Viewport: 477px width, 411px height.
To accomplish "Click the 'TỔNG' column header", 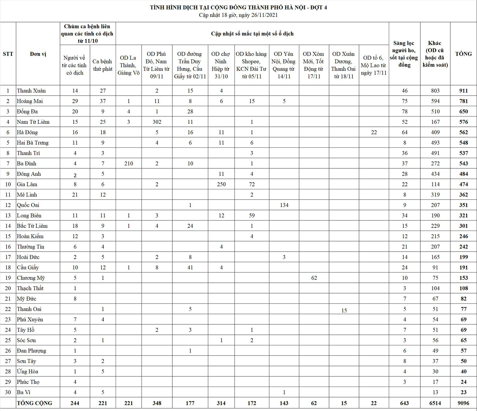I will (463, 54).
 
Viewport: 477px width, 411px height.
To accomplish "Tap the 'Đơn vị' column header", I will (38, 54).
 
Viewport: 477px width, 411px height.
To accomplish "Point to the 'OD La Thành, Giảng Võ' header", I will (129, 65).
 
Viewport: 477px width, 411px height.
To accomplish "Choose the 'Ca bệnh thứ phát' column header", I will (103, 65).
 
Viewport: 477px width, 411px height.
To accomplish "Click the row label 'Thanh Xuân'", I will (31, 91).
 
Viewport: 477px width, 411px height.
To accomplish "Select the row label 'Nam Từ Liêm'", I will (33, 122).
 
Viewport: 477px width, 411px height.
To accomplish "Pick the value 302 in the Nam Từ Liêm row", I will (157, 122).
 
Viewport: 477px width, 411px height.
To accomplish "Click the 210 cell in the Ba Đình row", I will (129, 164).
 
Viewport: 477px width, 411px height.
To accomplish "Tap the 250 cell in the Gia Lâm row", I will (221, 184).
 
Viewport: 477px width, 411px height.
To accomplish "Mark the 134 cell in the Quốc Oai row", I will (284, 205).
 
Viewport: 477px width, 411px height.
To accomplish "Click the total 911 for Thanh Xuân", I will (464, 91).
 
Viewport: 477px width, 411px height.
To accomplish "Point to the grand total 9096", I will (464, 403).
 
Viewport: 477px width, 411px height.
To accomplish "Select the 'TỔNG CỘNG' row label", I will (34, 403).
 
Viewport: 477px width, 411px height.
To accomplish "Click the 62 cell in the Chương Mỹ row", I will (314, 278).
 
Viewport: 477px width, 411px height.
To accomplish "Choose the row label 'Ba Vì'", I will (24, 392).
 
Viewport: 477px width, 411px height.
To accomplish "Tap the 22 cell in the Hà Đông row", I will (374, 132).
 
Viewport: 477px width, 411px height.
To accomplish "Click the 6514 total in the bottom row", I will (435, 403).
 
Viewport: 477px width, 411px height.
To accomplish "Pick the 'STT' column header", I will (8, 54).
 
